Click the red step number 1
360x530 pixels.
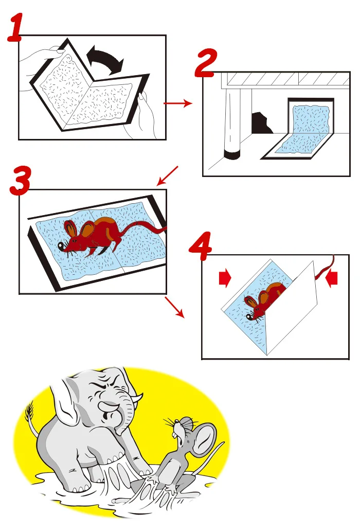pos(15,28)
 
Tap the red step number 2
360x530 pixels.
pos(206,63)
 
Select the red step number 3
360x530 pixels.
pos(20,181)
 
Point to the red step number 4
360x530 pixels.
pos(200,246)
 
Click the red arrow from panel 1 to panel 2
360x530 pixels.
pos(177,103)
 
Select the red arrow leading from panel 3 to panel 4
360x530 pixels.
pos(174,307)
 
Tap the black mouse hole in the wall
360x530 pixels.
pos(261,123)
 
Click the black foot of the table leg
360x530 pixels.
pos(232,155)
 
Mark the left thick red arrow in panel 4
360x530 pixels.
pos(225,278)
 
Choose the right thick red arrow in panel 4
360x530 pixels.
pos(331,278)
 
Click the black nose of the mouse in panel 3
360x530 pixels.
pos(61,246)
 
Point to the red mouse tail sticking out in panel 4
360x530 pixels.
pos(325,268)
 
